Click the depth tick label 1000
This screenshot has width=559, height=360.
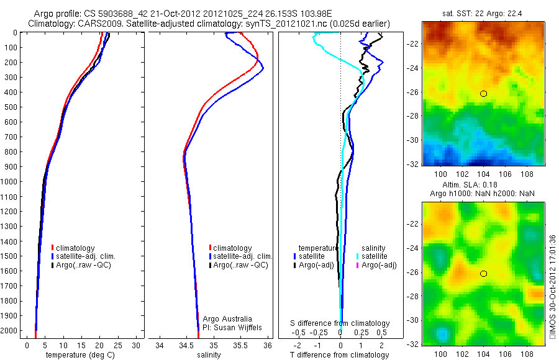[11, 182]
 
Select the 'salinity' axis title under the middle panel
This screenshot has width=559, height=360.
[209, 355]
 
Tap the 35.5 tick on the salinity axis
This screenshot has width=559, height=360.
[240, 345]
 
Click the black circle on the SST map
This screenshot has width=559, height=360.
[483, 94]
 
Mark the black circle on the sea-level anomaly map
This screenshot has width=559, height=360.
[483, 274]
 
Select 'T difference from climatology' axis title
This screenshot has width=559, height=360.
[340, 355]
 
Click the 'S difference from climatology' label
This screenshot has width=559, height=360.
[340, 323]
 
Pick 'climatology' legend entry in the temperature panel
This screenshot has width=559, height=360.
[74, 248]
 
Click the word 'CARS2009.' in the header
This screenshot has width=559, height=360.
[95, 24]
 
